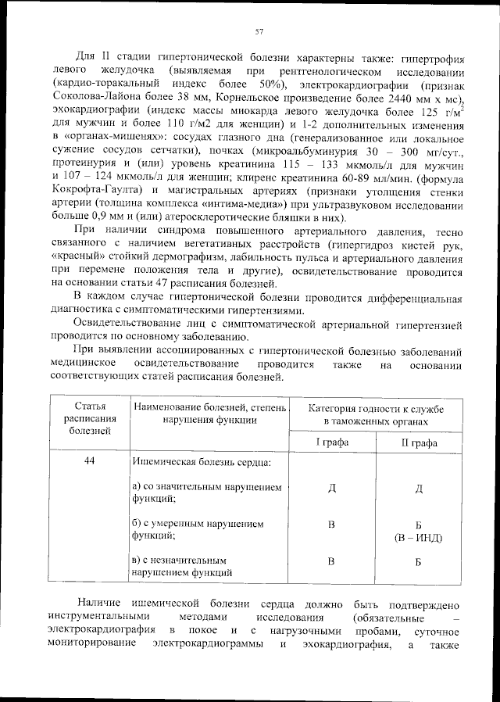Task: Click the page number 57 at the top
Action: point(259,32)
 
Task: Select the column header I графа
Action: point(331,442)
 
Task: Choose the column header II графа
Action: point(419,442)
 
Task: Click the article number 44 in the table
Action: point(90,461)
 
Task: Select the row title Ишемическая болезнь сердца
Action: point(202,463)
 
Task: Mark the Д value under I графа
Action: point(331,489)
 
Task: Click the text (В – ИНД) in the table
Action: point(419,538)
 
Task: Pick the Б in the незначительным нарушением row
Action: point(419,561)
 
